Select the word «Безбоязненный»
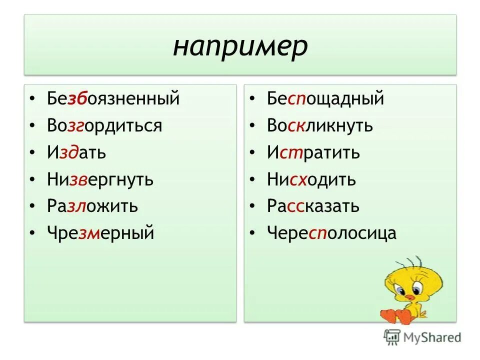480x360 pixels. click(113, 98)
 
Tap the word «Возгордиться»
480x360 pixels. click(105, 125)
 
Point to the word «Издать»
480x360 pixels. click(76, 152)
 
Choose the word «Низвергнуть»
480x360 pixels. click(100, 179)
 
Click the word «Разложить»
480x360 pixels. click(92, 206)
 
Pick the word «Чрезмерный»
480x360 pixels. click(101, 232)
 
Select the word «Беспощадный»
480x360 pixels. click(325, 98)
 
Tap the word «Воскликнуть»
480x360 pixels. click(320, 125)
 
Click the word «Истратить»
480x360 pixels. click(313, 152)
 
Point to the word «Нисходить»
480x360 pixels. click(311, 179)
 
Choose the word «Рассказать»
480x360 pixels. click(313, 206)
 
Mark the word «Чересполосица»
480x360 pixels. click(331, 232)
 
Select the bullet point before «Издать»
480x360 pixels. click(32, 152)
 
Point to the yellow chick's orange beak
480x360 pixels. click(409, 297)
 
